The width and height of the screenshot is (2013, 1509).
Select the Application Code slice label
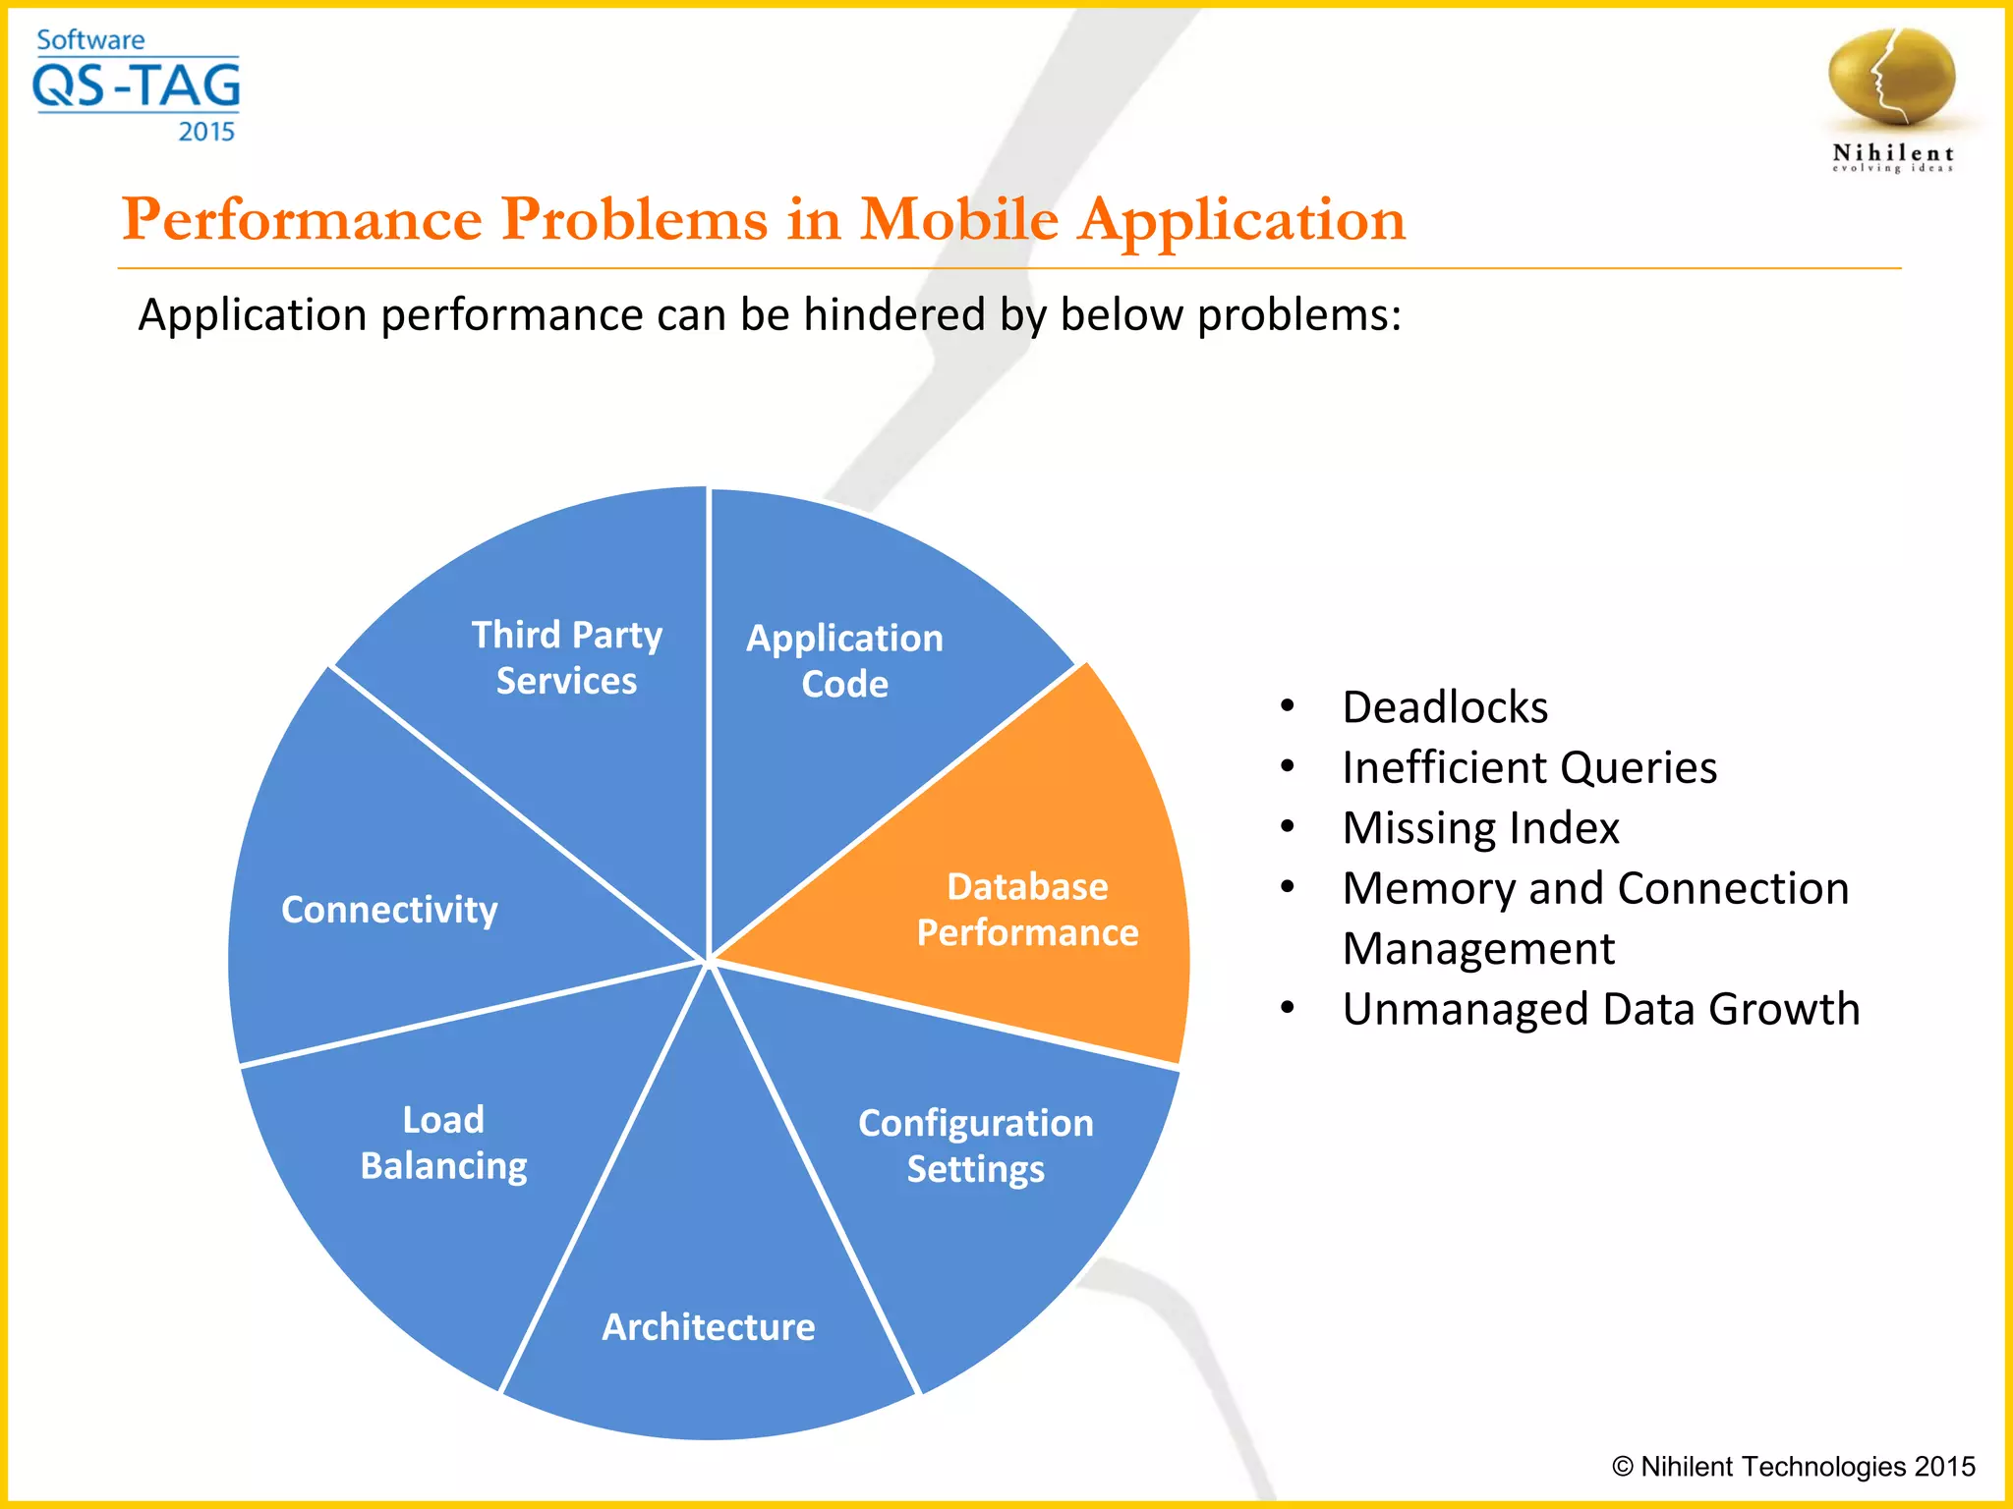(844, 660)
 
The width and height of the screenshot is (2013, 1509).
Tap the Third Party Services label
(566, 657)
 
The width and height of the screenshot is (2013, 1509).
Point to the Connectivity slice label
(389, 910)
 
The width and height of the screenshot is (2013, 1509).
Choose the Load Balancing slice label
(443, 1143)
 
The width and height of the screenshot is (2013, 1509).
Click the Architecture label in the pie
(708, 1327)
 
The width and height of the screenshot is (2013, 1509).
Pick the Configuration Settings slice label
(975, 1146)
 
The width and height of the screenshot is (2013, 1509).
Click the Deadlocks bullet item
(1445, 707)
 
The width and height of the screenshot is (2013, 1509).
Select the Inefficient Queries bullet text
(1529, 767)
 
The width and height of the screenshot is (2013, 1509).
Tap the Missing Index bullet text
(1480, 828)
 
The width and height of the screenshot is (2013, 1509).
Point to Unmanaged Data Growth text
(1600, 1009)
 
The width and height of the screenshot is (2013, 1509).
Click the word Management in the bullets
(1477, 949)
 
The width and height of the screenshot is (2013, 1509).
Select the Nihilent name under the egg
(1892, 153)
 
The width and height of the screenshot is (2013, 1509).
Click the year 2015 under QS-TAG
(206, 132)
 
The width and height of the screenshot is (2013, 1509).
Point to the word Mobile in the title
(959, 219)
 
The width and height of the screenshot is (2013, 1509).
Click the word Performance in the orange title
(301, 219)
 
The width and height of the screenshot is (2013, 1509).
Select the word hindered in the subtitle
(893, 315)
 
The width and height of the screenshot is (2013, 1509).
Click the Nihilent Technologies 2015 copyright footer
(1793, 1467)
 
